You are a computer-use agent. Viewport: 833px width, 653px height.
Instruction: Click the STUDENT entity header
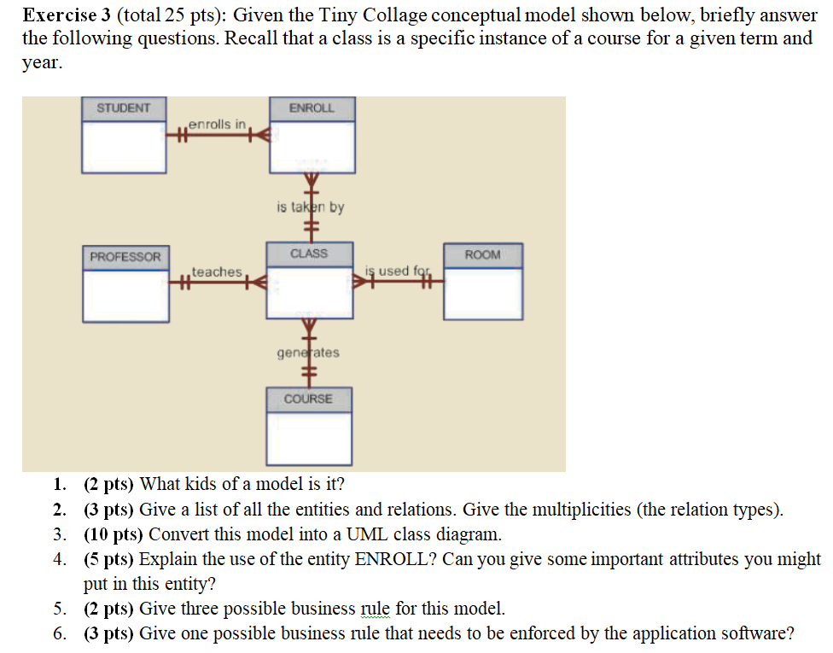pos(124,108)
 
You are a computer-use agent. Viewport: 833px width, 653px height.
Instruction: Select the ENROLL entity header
pos(312,108)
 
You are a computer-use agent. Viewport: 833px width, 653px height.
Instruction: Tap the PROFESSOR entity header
pos(125,256)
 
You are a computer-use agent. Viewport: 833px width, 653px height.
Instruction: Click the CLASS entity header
pos(309,254)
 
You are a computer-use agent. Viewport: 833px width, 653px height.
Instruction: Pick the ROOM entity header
pos(483,254)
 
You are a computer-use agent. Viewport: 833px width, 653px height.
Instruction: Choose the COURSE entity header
pos(308,399)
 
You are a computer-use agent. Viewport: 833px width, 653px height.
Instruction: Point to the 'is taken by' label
pos(310,207)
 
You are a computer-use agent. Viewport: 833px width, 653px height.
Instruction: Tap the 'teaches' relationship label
pos(217,271)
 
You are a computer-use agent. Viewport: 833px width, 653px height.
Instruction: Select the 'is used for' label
pos(396,271)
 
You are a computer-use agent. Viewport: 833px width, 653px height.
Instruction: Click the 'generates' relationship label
pos(308,352)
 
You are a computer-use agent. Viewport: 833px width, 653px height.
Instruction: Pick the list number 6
pos(58,633)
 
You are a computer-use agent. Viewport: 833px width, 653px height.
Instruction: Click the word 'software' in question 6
pos(751,633)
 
